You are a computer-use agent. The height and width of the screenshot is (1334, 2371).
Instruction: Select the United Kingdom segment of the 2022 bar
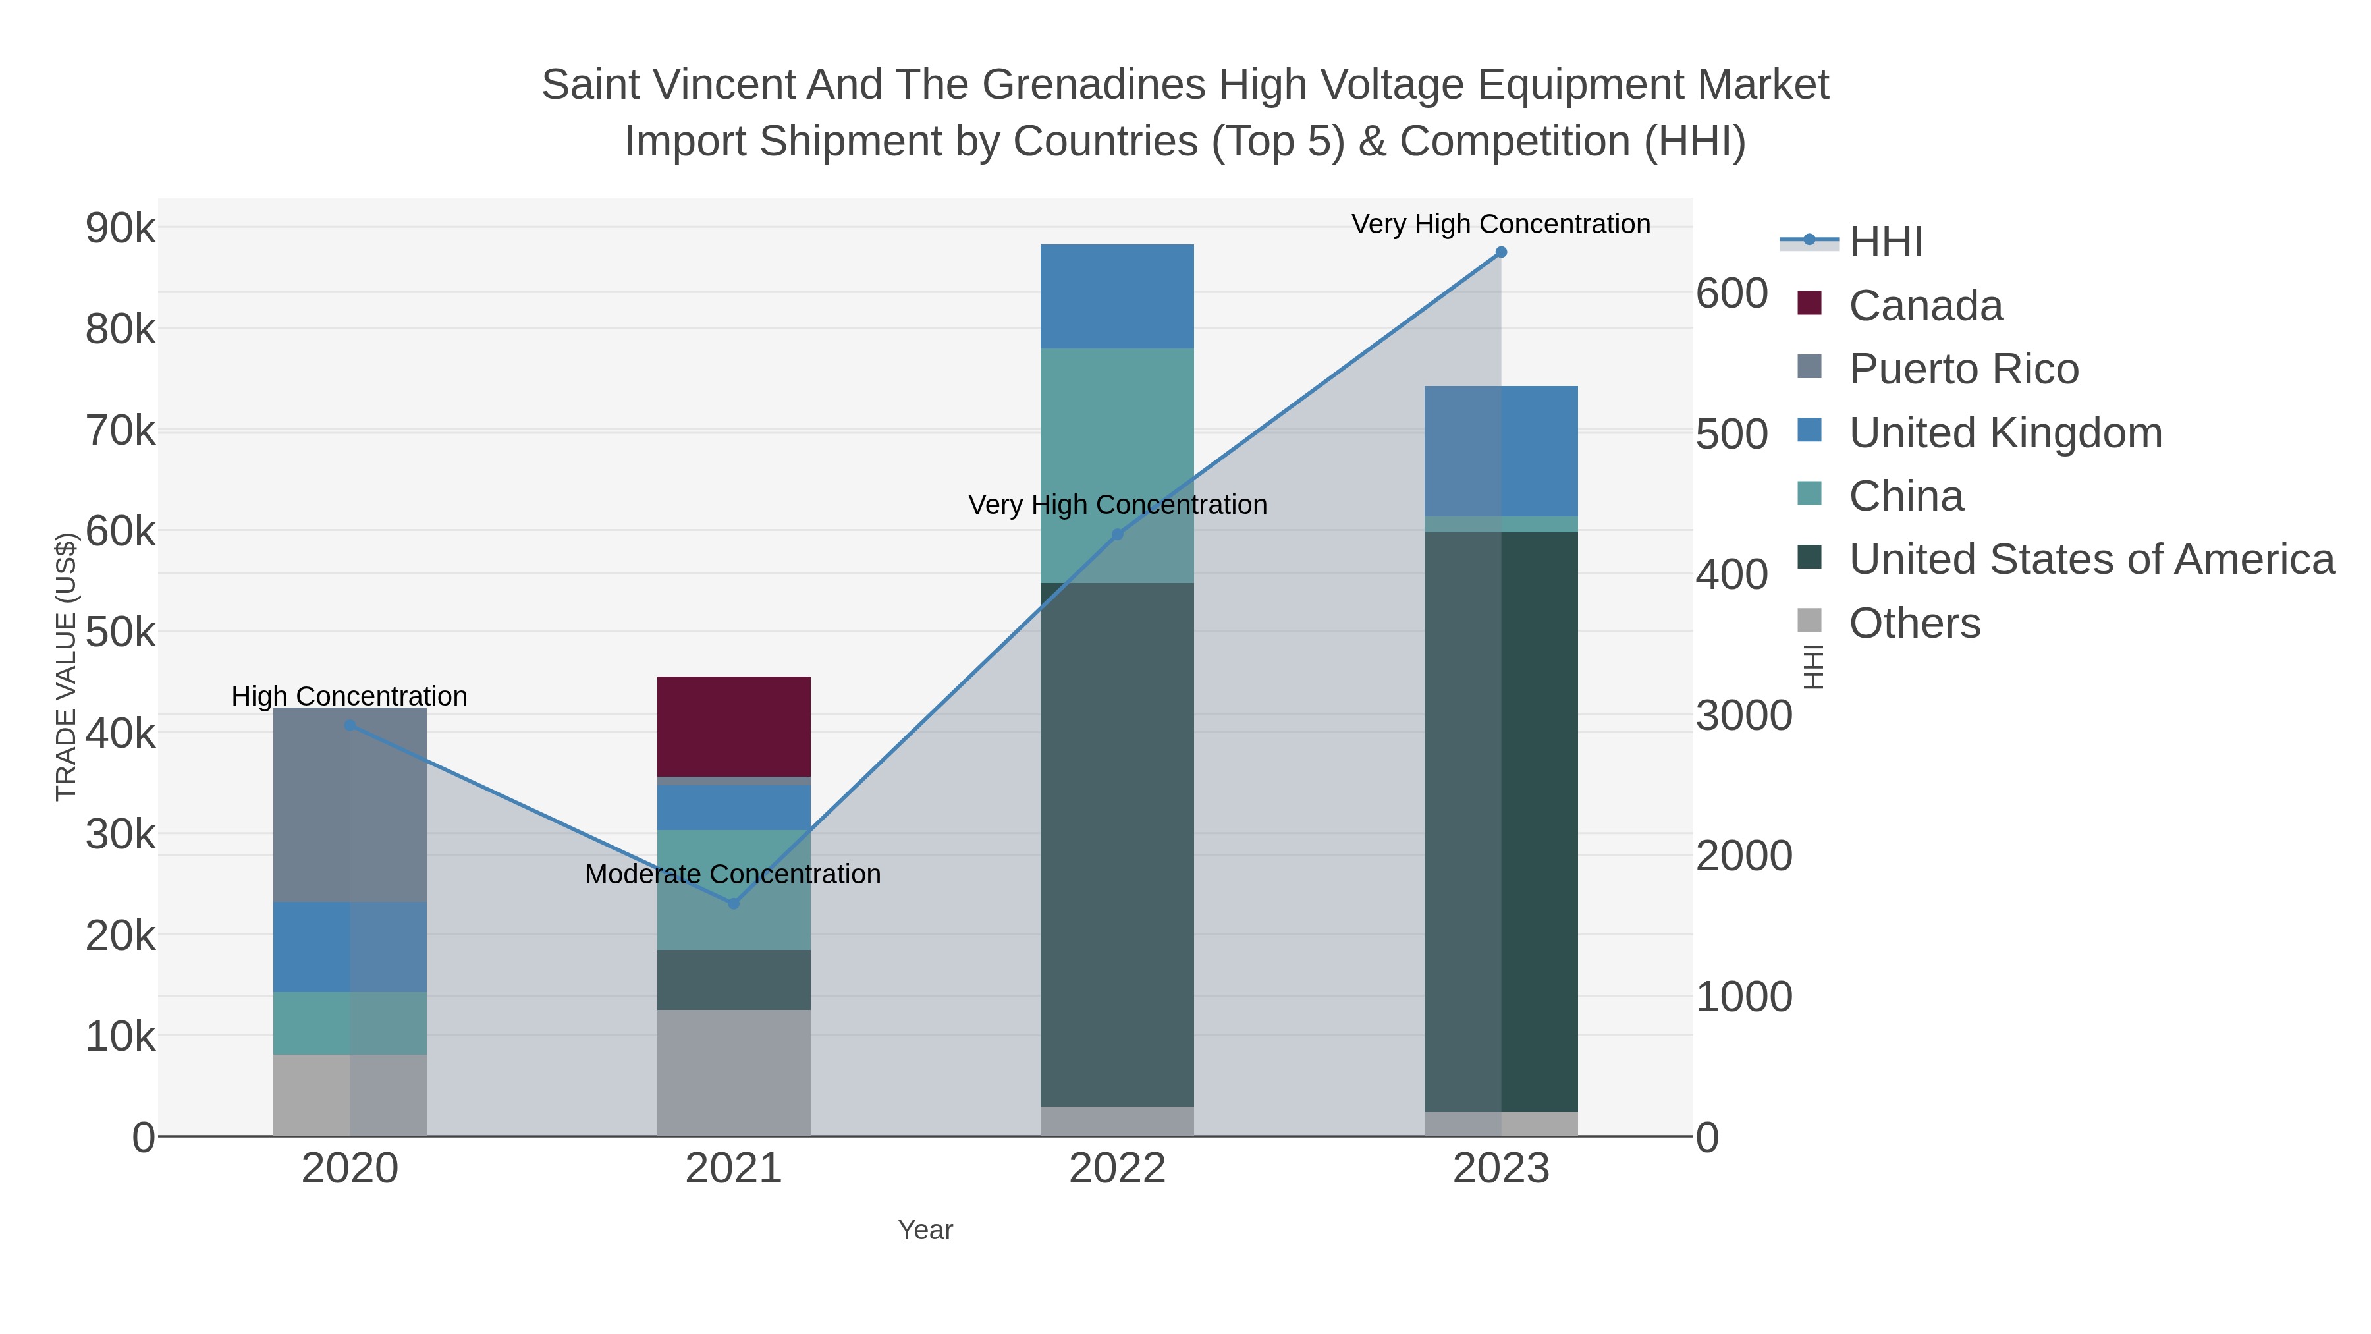click(1116, 296)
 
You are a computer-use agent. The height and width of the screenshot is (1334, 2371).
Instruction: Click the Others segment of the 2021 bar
click(734, 1072)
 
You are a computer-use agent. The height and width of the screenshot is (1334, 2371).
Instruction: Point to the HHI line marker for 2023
click(1501, 252)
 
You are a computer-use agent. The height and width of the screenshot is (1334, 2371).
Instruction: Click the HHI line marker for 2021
click(734, 904)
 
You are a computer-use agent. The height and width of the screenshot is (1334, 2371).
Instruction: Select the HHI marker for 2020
click(350, 725)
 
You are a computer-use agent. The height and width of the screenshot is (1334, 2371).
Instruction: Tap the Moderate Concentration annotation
click(732, 874)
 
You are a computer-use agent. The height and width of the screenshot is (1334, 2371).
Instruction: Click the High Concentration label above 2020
click(349, 696)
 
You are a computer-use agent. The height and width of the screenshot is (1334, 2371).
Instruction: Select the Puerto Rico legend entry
click(1963, 369)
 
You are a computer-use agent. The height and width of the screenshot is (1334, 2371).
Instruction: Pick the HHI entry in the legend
click(1885, 242)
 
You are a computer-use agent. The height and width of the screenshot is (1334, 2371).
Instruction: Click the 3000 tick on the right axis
click(1744, 715)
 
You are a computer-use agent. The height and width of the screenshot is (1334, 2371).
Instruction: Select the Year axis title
click(925, 1230)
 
